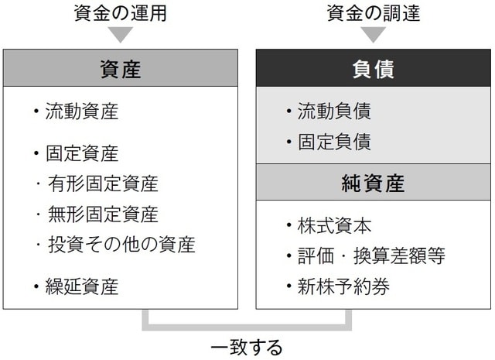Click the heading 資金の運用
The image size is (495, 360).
pyautogui.click(x=120, y=12)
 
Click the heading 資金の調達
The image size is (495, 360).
pyautogui.click(x=374, y=12)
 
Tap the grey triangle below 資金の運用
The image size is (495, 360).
pyautogui.click(x=120, y=35)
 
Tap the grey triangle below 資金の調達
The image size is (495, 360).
pyautogui.click(x=374, y=35)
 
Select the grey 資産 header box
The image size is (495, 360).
pyautogui.click(x=120, y=68)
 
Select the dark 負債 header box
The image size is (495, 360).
pyautogui.click(x=374, y=68)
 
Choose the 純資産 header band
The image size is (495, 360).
pyautogui.click(x=374, y=183)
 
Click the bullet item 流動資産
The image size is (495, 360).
pyautogui.click(x=81, y=111)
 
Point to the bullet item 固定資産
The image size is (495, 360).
pyautogui.click(x=81, y=153)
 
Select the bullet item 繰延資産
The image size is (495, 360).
pyautogui.click(x=81, y=287)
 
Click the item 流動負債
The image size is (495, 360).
pyautogui.click(x=334, y=111)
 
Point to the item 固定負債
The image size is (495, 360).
pyautogui.click(x=334, y=142)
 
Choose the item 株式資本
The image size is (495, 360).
pyautogui.click(x=334, y=225)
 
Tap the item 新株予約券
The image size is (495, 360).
pyautogui.click(x=343, y=287)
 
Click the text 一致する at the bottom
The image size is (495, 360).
pyautogui.click(x=247, y=346)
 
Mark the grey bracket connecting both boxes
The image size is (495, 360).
pyautogui.click(x=247, y=325)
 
